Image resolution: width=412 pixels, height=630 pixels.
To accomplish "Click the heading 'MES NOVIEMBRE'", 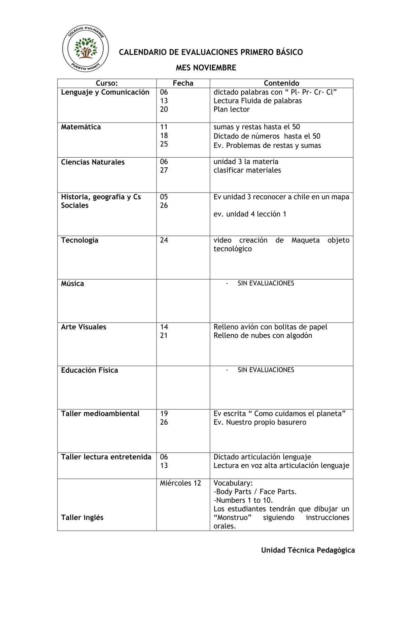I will click(206, 68).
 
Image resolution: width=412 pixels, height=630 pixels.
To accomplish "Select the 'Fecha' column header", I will click(183, 83).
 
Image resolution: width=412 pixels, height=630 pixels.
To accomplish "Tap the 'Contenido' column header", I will click(281, 83).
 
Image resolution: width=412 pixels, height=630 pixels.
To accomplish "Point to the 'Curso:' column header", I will click(107, 83).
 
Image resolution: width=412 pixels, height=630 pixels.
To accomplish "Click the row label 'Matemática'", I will click(81, 127).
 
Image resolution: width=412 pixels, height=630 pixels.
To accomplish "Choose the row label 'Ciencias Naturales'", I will click(93, 162).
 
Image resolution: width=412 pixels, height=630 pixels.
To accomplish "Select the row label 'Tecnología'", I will click(79, 240).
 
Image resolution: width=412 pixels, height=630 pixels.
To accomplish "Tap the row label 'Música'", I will click(72, 284).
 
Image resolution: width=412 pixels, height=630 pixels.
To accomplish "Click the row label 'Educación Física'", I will click(90, 370).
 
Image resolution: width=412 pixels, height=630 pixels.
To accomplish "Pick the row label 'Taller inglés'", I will click(82, 517).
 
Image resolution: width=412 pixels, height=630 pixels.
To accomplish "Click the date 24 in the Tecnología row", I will click(164, 240).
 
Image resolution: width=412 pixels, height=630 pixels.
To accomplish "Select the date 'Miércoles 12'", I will click(180, 483).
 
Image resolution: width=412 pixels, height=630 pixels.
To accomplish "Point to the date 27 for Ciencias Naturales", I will click(164, 170).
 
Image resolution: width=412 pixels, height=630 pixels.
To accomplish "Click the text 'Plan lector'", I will click(232, 109).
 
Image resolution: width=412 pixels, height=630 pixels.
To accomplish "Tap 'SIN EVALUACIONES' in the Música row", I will click(266, 283).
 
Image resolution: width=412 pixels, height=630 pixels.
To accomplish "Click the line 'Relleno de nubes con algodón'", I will click(263, 335).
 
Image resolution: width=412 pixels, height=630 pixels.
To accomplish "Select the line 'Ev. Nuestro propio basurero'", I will click(260, 422).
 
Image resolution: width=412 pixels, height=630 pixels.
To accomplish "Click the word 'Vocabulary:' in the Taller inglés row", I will click(233, 483).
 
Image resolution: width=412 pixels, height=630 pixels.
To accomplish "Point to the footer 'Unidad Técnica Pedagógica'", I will click(308, 550).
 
